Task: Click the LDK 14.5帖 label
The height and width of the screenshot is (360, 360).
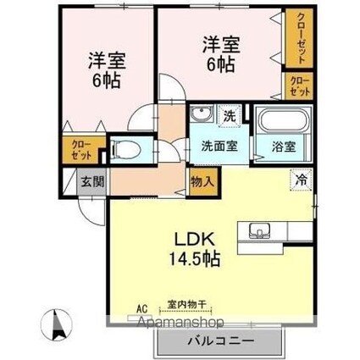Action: click(x=199, y=245)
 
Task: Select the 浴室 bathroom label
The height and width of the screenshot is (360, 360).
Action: click(x=285, y=145)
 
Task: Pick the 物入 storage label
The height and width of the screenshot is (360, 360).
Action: click(x=202, y=180)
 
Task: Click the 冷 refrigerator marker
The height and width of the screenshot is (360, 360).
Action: click(x=301, y=179)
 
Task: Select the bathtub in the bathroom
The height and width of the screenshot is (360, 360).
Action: click(x=285, y=119)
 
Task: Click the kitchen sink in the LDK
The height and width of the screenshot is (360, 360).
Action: click(x=258, y=230)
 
